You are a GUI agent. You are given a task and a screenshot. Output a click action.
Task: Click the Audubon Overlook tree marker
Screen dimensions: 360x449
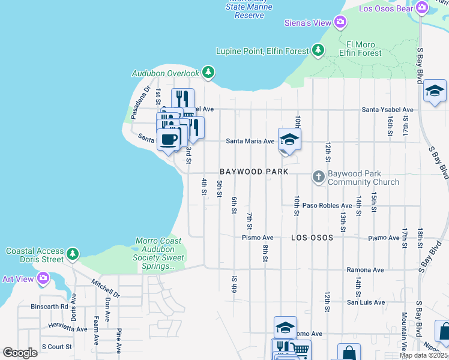click(x=208, y=73)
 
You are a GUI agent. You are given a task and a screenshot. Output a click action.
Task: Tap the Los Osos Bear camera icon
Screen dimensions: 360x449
click(x=422, y=7)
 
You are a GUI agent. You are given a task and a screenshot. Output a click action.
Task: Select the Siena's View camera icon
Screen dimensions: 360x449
click(x=340, y=23)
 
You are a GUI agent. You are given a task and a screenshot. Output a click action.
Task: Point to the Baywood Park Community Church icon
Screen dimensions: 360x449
click(x=319, y=177)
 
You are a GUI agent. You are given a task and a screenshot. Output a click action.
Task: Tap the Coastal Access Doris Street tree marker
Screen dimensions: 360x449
click(x=73, y=254)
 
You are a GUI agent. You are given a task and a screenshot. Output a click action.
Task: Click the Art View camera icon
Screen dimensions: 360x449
click(x=43, y=278)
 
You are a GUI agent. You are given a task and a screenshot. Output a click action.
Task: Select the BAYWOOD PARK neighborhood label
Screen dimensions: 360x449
click(x=249, y=172)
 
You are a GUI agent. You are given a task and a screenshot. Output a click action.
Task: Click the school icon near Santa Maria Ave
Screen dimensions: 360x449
click(x=289, y=139)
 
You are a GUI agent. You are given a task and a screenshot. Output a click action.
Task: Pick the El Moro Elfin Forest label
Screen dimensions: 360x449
click(x=363, y=49)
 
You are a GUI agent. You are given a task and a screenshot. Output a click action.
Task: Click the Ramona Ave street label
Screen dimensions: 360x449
click(x=365, y=270)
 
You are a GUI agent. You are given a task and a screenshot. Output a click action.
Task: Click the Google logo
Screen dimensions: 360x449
click(x=20, y=353)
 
